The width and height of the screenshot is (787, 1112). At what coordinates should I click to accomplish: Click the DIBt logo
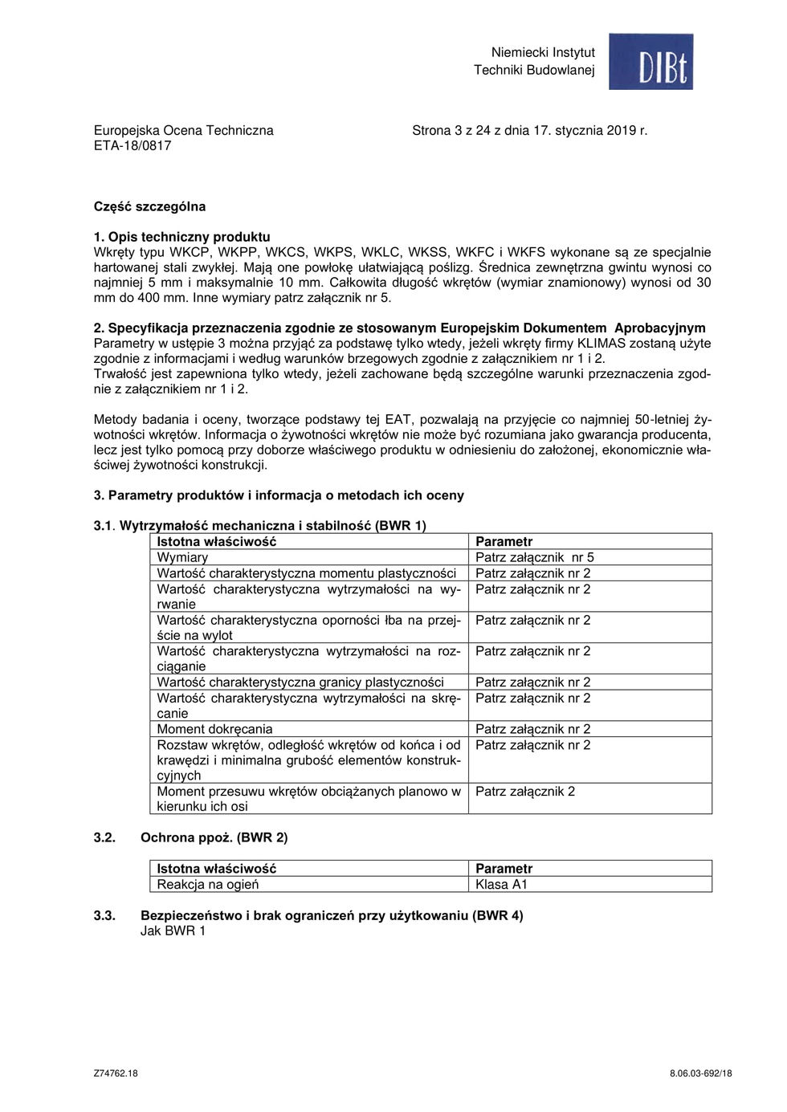point(650,62)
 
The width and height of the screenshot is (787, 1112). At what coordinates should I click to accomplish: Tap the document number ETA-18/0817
point(133,146)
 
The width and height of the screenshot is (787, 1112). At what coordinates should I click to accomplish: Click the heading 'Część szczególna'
point(149,206)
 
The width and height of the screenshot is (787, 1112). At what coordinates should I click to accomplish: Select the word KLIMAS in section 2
point(606,344)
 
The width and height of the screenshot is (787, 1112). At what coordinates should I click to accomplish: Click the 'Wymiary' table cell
point(182,557)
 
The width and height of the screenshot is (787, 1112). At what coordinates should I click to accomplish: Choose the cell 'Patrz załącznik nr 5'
point(535,557)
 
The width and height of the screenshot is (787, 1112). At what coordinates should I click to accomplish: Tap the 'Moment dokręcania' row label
point(214,729)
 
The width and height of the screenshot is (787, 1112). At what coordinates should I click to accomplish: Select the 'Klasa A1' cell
point(501,885)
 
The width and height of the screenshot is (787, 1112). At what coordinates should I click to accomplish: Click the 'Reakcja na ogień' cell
point(208,885)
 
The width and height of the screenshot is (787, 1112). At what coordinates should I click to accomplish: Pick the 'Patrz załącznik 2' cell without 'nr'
point(525,792)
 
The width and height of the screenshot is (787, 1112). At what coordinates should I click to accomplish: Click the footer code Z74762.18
point(116,1073)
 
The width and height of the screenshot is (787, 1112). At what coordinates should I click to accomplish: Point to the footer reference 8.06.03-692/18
point(700,1073)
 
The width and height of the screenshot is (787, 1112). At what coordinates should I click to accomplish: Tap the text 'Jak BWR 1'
point(173,931)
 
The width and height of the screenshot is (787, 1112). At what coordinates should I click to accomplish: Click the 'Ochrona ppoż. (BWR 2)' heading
point(214,837)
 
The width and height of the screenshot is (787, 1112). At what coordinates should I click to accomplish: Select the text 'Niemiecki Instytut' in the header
point(543,52)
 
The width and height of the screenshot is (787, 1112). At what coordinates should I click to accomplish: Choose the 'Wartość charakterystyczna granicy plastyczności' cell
point(300,682)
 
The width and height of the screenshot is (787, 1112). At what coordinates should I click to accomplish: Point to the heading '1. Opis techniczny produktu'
point(182,237)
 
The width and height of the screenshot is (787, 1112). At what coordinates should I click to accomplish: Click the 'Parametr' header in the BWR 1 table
point(504,542)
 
